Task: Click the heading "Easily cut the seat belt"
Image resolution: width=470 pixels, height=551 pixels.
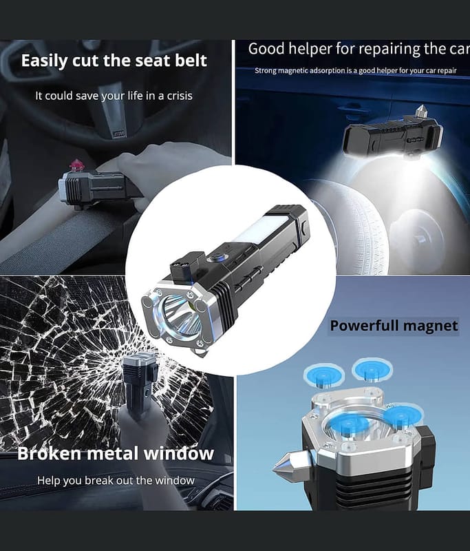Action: coord(114,61)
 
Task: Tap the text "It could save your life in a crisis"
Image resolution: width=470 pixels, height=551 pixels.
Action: coord(114,96)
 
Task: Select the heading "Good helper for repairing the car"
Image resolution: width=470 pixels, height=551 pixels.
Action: coord(359,48)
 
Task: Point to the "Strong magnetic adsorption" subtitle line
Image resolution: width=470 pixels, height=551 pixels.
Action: coord(355,71)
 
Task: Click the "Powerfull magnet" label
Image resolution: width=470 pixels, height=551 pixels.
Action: coord(394,325)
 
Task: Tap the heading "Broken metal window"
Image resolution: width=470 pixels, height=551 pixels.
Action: coord(116,453)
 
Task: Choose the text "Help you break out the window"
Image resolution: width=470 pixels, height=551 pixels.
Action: coord(116,480)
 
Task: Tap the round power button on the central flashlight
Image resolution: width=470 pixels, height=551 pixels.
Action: coord(215,259)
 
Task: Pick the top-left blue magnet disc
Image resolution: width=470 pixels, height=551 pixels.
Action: coord(323,375)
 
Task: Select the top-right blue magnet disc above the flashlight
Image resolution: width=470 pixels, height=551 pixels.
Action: coord(372,370)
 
